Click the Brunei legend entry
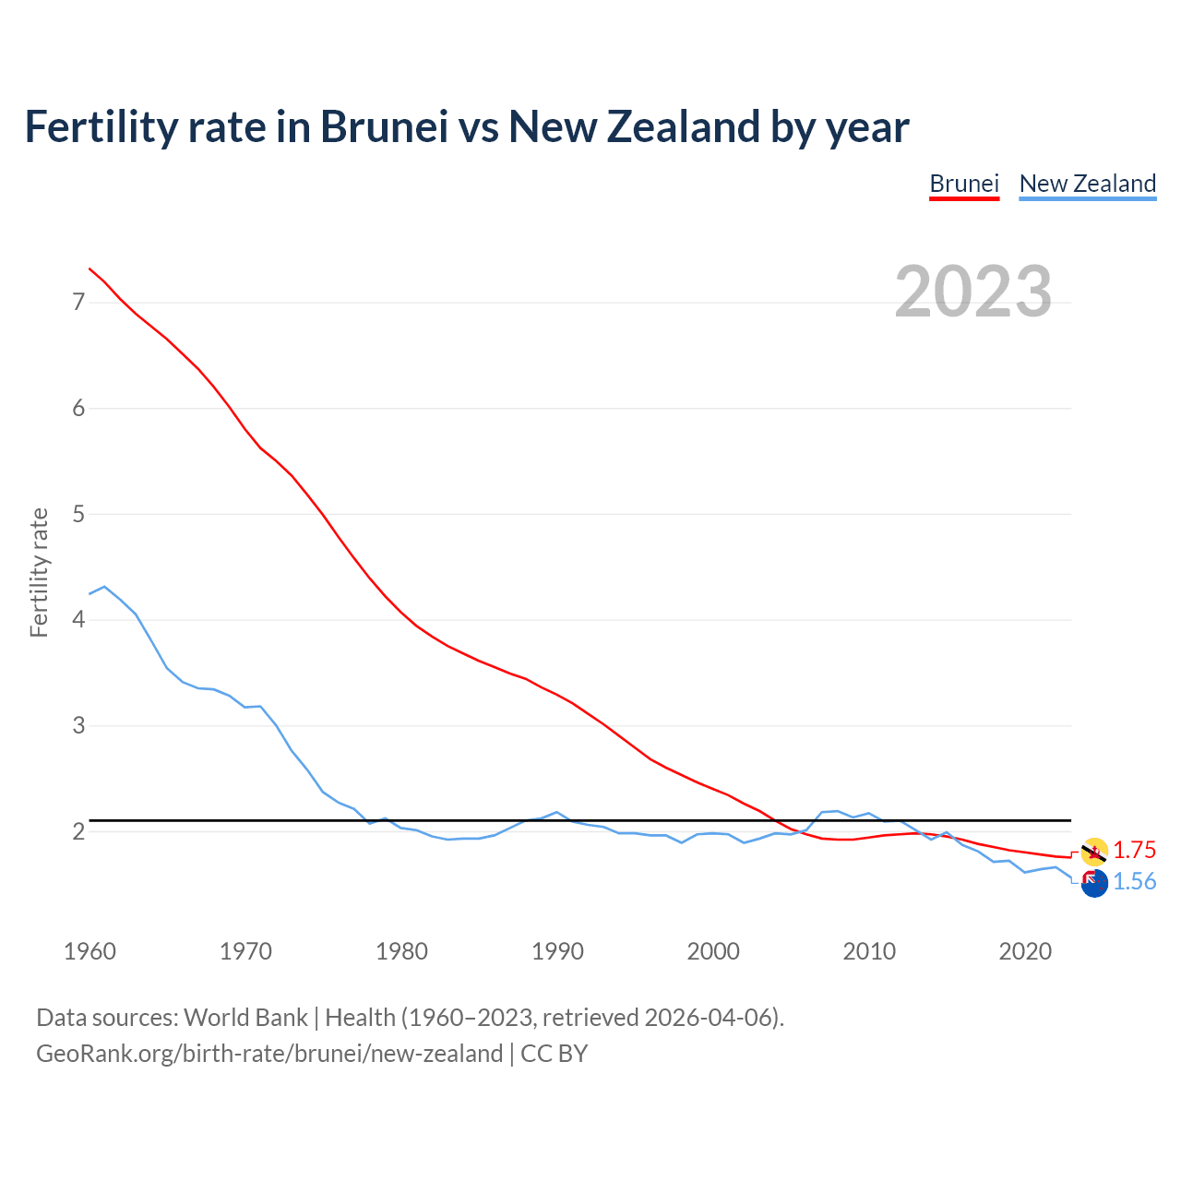click(x=964, y=184)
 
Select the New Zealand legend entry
click(x=1087, y=184)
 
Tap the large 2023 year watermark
click(x=973, y=292)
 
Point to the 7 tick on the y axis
click(x=78, y=303)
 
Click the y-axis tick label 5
click(x=78, y=514)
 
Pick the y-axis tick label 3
click(x=78, y=726)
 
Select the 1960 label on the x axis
click(x=89, y=951)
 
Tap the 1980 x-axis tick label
click(x=401, y=951)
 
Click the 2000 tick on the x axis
click(x=713, y=951)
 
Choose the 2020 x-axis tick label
click(x=1025, y=951)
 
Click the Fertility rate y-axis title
click(x=39, y=572)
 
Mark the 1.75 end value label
click(x=1134, y=850)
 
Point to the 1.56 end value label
click(x=1134, y=882)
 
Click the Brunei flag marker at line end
click(x=1094, y=852)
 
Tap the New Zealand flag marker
click(x=1094, y=883)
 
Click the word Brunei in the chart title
click(x=384, y=126)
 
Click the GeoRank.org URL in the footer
click(x=269, y=1054)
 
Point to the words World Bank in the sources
click(x=245, y=1018)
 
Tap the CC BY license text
click(x=554, y=1054)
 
